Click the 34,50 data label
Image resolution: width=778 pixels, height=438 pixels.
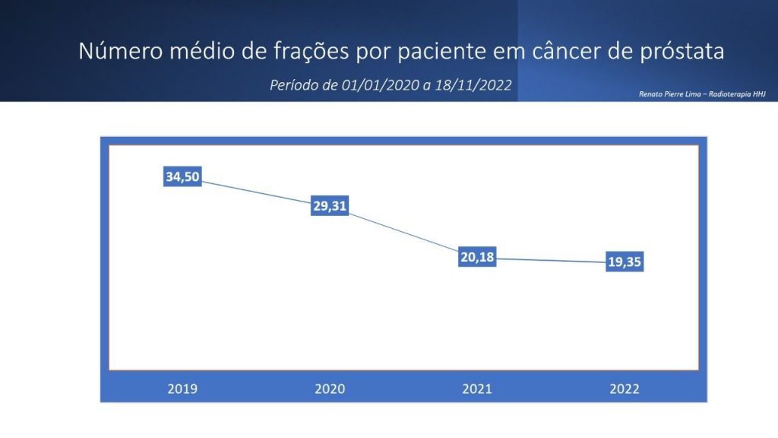[182, 176]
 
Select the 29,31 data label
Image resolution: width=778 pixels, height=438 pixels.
[330, 205]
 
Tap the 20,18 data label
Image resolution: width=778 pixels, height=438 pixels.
[477, 257]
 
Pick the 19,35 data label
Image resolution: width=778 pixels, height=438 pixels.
[625, 262]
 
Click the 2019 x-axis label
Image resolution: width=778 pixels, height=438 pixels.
[182, 389]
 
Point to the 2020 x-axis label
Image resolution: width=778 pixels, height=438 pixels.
[330, 389]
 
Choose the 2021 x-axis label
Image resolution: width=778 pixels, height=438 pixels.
[477, 389]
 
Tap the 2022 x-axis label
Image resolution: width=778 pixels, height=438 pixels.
[625, 389]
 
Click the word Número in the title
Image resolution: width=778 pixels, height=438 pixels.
[121, 51]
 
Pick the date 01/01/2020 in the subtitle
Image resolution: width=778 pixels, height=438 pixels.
[380, 85]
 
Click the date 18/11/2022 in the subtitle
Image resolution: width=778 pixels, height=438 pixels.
[473, 85]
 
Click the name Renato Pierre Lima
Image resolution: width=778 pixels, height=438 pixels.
[670, 94]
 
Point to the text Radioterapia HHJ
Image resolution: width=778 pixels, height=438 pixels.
[737, 94]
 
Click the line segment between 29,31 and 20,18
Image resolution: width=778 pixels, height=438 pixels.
[403, 233]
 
